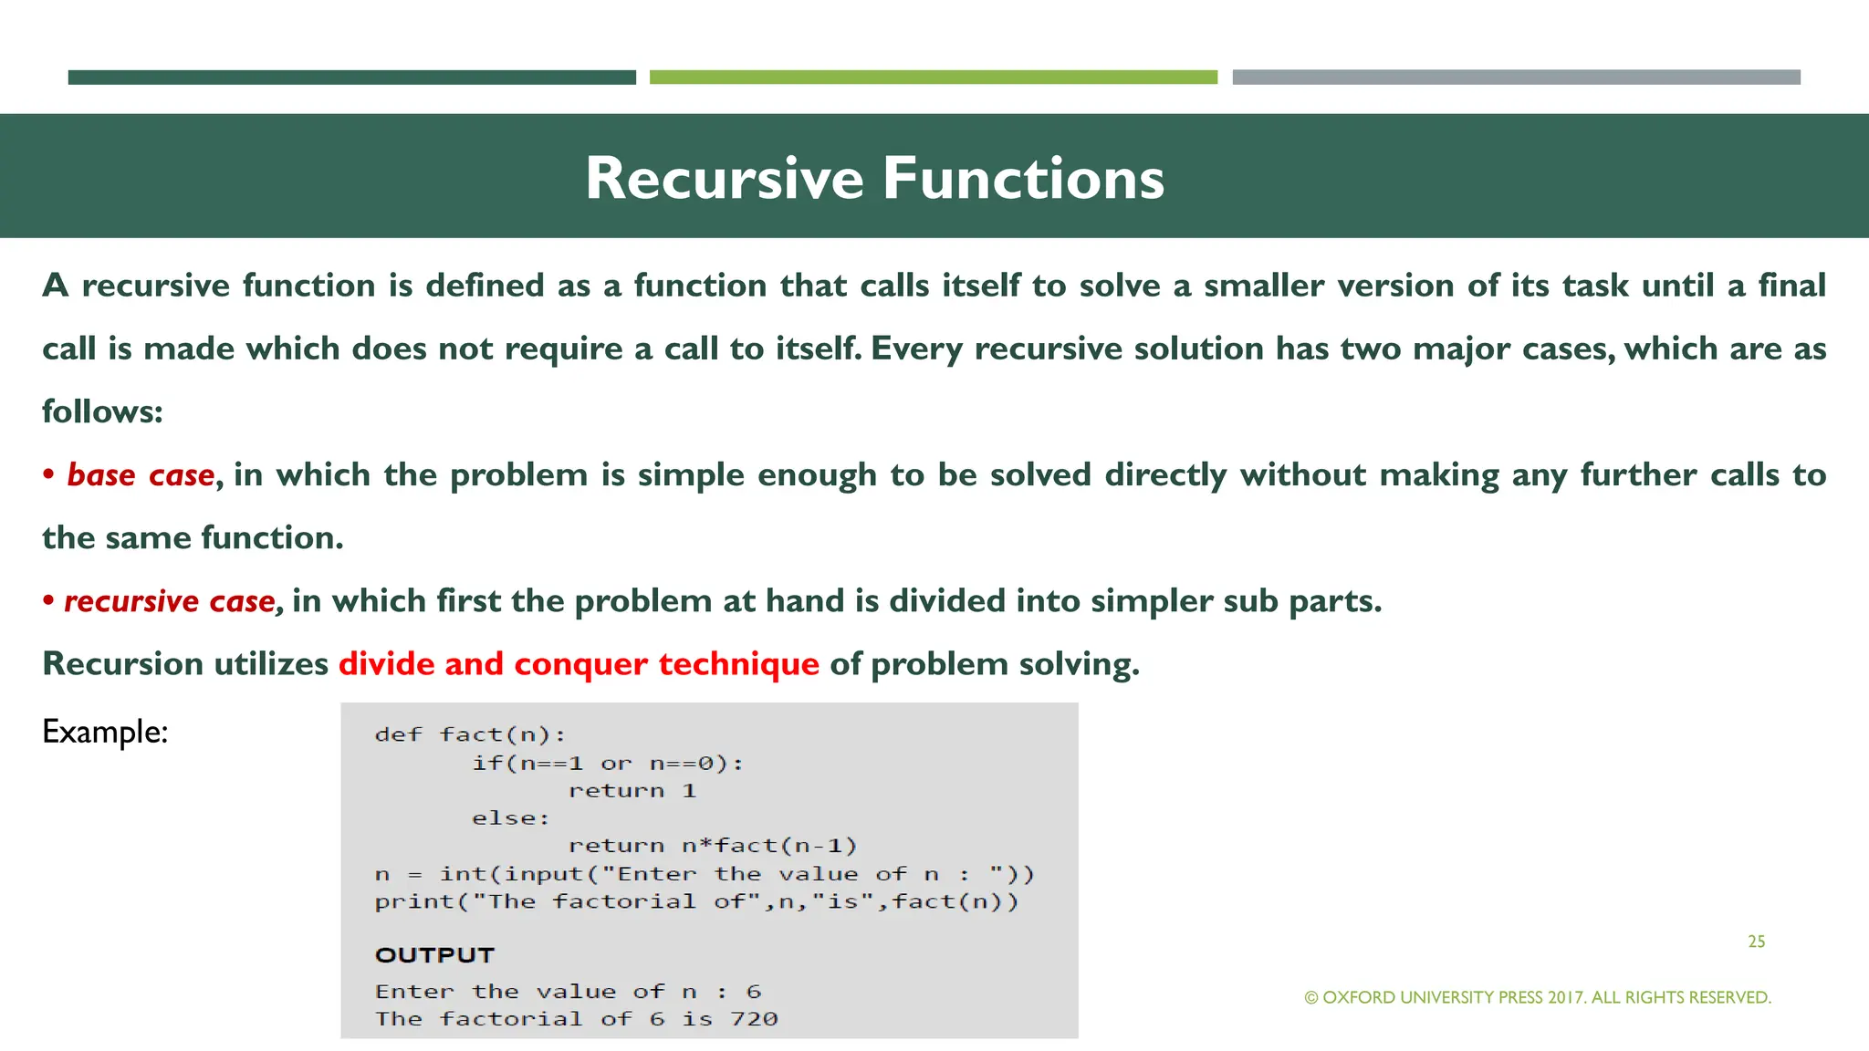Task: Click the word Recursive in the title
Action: pos(724,178)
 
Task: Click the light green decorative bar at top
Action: pos(933,78)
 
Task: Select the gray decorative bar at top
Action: pos(1516,78)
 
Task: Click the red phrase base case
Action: pos(141,475)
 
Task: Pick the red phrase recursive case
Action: pos(169,601)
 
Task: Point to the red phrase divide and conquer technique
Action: pos(579,664)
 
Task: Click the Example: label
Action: pos(105,732)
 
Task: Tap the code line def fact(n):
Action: pos(470,735)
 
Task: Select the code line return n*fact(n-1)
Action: pos(712,846)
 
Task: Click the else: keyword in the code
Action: pos(510,818)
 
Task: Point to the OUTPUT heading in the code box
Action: pos(434,955)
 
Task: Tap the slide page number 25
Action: pos(1756,942)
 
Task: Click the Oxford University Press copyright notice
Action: pos(1538,998)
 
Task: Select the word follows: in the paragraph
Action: pos(102,412)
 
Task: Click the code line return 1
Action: pos(632,791)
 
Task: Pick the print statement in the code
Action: pos(695,902)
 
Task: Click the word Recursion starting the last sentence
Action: pos(122,664)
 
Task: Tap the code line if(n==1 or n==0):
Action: pos(607,764)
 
